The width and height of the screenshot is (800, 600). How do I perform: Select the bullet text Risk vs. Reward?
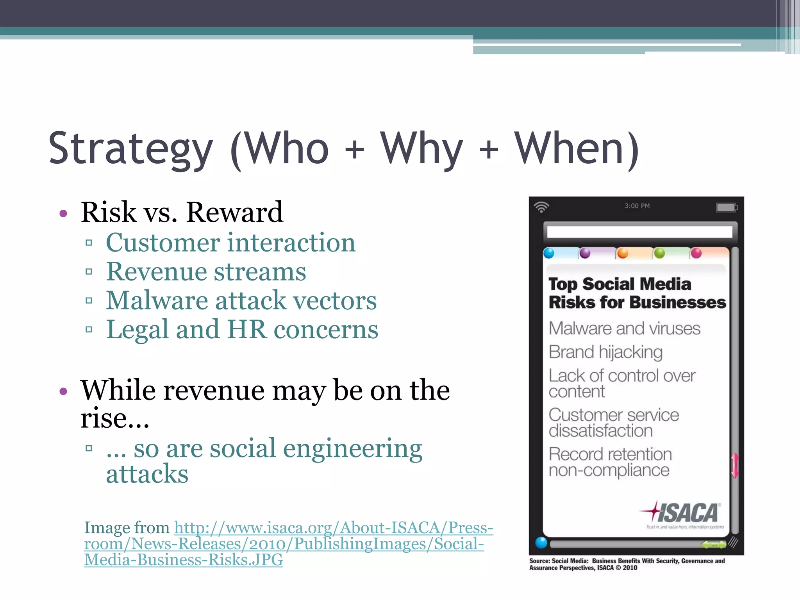[x=182, y=212]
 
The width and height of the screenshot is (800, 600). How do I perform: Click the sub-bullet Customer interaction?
[x=230, y=243]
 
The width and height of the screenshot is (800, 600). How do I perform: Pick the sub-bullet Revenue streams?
[x=206, y=271]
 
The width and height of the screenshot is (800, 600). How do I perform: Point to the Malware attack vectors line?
[x=241, y=300]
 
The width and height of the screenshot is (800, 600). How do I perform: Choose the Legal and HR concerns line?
[x=242, y=329]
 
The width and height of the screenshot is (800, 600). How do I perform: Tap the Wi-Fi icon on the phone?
[x=541, y=207]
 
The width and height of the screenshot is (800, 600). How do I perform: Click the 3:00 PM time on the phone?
[x=637, y=206]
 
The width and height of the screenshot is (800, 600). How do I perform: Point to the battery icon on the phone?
[x=726, y=207]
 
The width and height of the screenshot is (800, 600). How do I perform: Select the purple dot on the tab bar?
[x=585, y=253]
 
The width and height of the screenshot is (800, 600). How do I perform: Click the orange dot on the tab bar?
[x=622, y=253]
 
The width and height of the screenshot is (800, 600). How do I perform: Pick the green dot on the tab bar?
[x=659, y=253]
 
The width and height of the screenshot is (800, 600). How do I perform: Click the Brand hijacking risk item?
[x=605, y=352]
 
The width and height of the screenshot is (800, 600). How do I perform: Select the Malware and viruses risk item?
[x=624, y=329]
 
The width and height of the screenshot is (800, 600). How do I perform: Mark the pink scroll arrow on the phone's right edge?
[x=735, y=465]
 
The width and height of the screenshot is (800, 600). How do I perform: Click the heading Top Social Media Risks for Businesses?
[x=637, y=293]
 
